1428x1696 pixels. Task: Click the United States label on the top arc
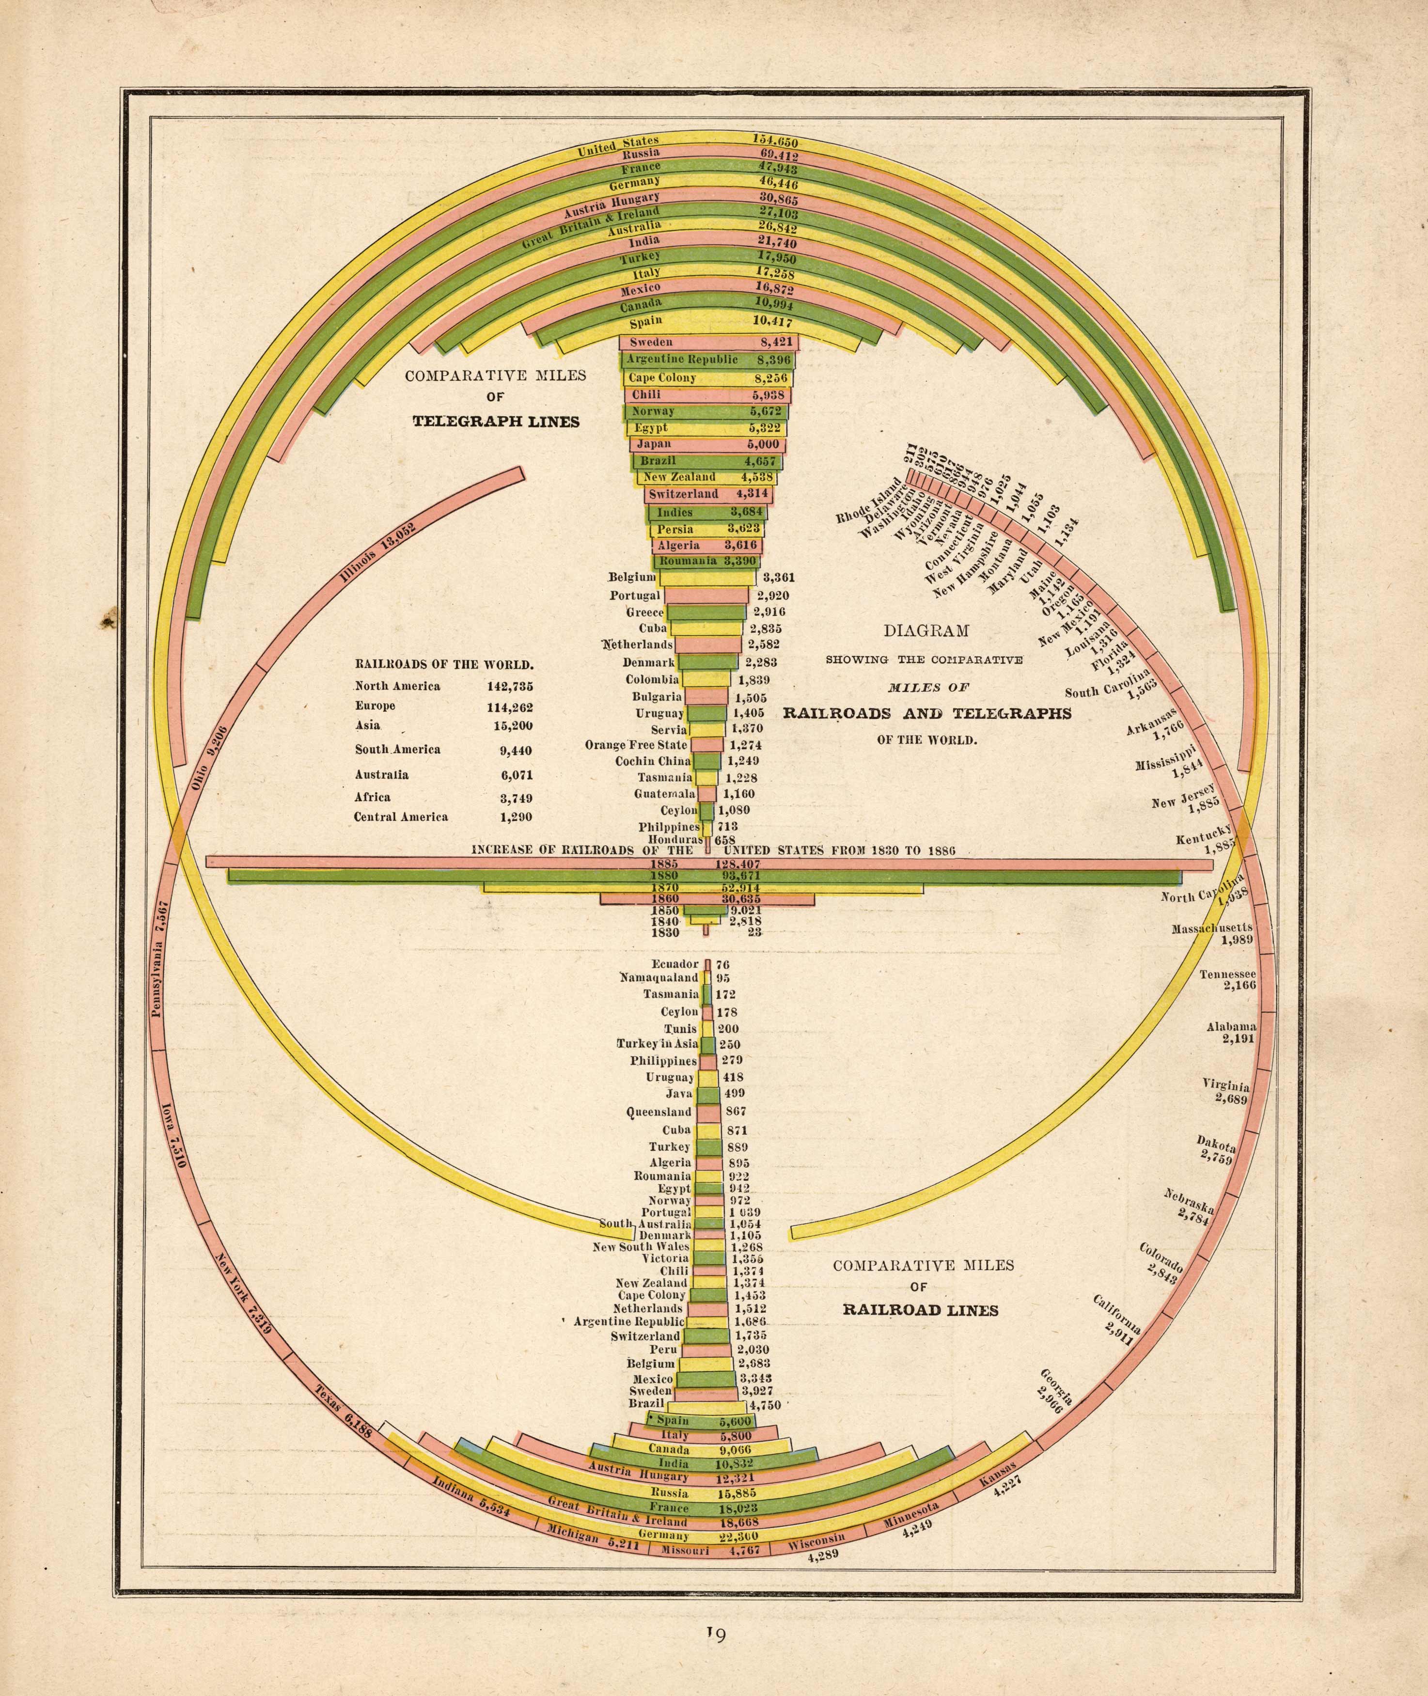pos(618,146)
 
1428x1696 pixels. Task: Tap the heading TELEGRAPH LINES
pos(496,422)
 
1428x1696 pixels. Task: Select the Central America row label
pos(401,817)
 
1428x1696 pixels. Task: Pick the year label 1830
pos(664,933)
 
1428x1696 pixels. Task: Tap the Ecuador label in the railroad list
pos(675,964)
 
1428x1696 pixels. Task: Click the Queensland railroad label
pos(659,1112)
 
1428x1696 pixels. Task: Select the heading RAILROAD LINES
pos(921,1311)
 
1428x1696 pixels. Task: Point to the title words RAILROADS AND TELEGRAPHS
pos(927,713)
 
